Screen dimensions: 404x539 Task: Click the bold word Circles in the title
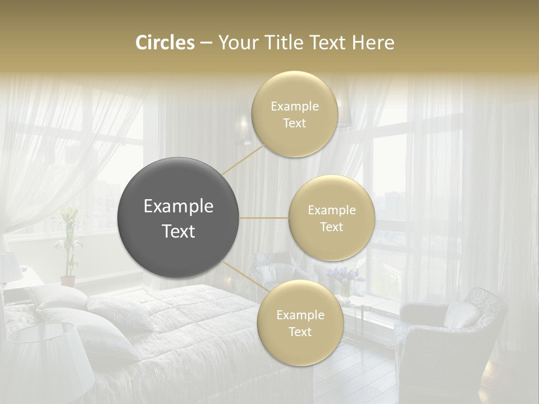point(165,43)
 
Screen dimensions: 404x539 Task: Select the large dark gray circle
point(179,218)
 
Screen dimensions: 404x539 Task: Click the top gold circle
point(294,114)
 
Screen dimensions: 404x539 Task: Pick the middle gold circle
point(331,218)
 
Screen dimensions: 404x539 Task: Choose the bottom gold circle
point(300,323)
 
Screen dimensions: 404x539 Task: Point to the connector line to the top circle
point(244,159)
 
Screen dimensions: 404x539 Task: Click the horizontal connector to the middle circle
point(264,218)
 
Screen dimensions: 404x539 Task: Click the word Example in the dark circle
point(179,206)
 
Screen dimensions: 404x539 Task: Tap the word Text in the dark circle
point(179,231)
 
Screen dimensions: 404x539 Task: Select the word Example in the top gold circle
point(294,106)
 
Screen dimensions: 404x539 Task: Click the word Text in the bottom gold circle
point(300,332)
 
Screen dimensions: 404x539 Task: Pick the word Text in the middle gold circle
point(331,227)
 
